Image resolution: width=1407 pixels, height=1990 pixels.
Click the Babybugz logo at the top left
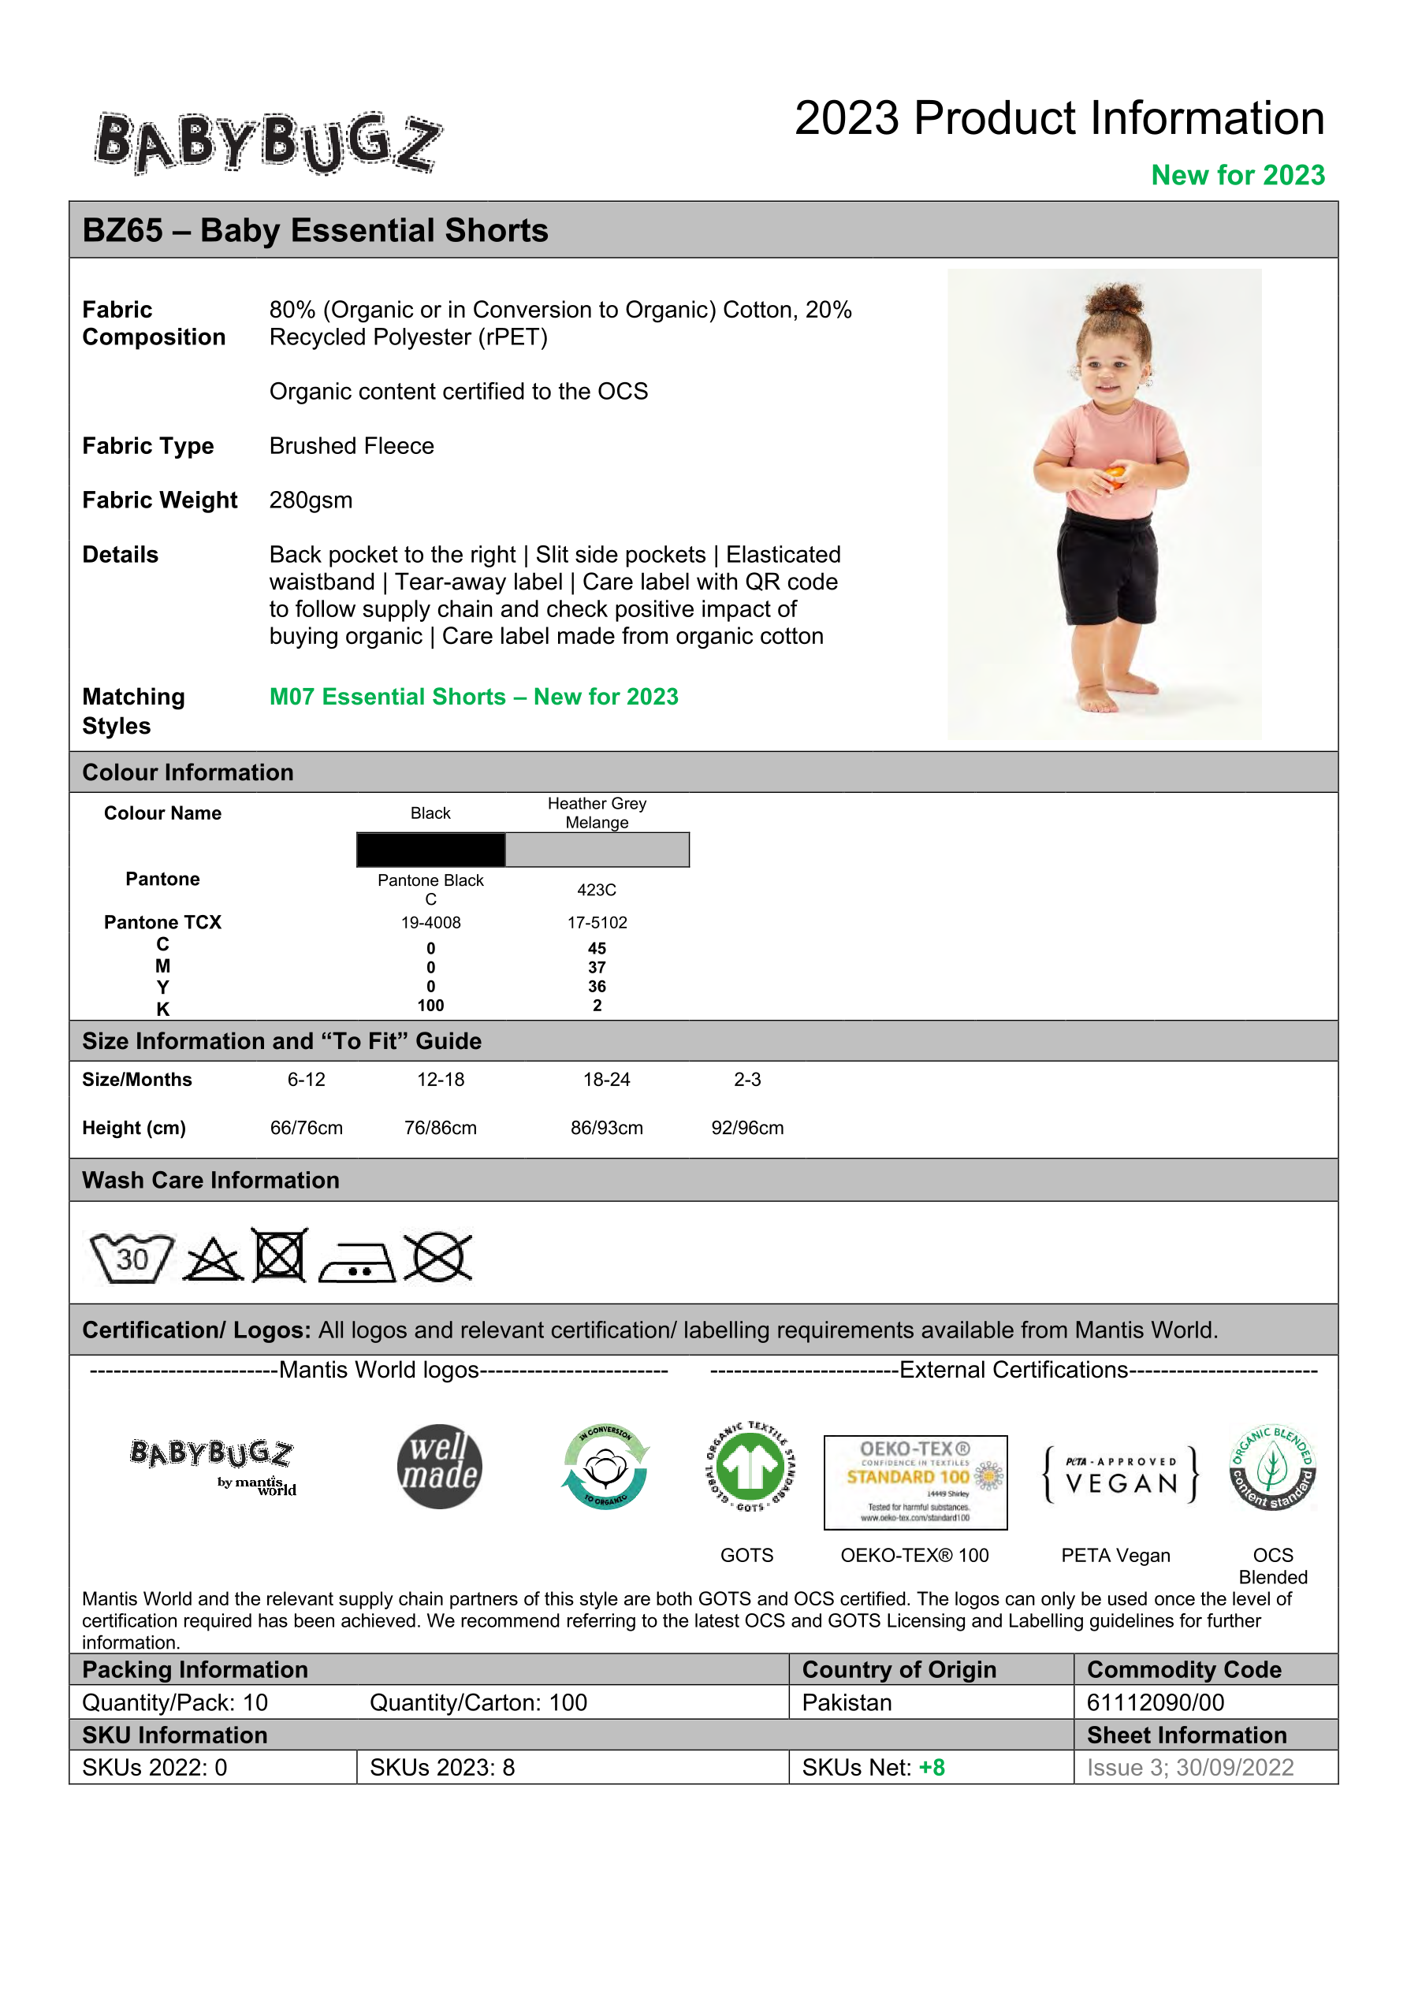click(268, 143)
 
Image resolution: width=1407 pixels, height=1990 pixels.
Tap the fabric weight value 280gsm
click(311, 500)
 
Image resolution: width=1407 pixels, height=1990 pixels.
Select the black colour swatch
click(431, 850)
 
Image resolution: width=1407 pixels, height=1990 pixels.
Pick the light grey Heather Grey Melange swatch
click(597, 850)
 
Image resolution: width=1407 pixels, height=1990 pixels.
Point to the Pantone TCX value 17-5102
click(597, 922)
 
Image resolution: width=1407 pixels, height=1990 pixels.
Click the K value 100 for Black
click(431, 1006)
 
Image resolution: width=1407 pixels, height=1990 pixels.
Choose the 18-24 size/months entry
click(606, 1079)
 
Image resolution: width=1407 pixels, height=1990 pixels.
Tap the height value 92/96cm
click(747, 1128)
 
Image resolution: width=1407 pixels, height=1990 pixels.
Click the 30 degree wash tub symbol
click(132, 1258)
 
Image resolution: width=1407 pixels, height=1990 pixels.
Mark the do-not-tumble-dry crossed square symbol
click(279, 1255)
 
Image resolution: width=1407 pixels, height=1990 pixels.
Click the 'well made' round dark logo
click(440, 1467)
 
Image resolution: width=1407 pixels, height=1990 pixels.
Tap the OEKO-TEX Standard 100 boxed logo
click(915, 1482)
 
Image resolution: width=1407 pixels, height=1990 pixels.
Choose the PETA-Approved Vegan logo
click(1121, 1474)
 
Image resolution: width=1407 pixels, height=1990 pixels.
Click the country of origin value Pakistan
click(847, 1702)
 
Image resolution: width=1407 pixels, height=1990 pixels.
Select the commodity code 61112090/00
click(1155, 1702)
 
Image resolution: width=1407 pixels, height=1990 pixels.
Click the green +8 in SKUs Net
click(932, 1767)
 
